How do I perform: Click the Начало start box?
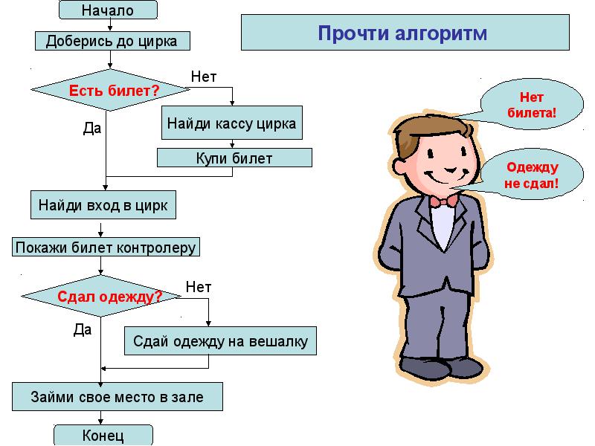[x=107, y=10]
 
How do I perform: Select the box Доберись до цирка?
[x=112, y=41]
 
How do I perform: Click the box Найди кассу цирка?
[x=231, y=123]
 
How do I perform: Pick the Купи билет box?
[x=234, y=158]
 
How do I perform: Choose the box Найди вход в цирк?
[x=103, y=204]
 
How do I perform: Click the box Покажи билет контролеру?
[x=106, y=247]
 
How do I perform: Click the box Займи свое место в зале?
[x=117, y=396]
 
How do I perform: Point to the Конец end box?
[x=103, y=435]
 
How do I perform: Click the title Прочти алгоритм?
[x=402, y=33]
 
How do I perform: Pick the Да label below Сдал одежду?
[x=82, y=329]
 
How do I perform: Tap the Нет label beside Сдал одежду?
[x=199, y=286]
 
